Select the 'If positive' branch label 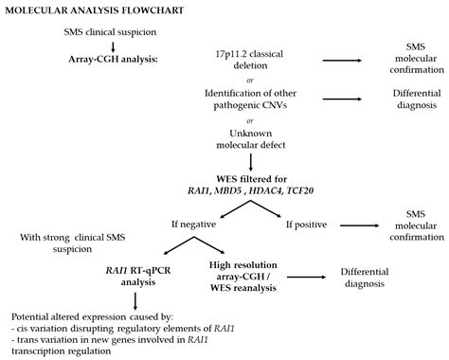pyautogui.click(x=308, y=225)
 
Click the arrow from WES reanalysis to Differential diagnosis pyautogui.click(x=315, y=276)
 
